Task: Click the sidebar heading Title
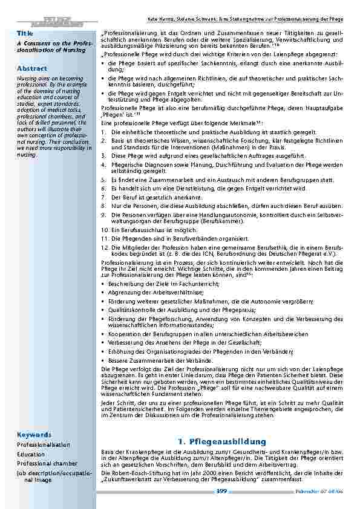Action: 25,33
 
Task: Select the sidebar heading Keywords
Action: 34,434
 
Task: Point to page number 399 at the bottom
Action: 221,491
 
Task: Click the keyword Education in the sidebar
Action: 31,454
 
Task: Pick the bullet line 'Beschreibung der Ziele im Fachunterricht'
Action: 168,283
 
